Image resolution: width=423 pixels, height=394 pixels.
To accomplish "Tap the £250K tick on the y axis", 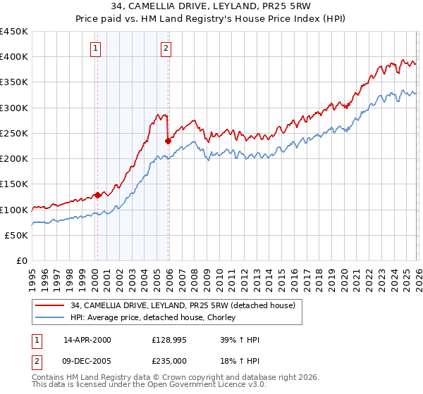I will click(14, 133).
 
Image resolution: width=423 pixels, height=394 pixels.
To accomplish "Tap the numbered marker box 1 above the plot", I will click(95, 49).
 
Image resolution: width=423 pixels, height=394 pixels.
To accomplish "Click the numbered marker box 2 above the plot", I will click(166, 49).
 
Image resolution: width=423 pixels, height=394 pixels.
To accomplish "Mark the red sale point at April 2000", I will click(97, 195).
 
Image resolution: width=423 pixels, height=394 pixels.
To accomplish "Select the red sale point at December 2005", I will click(168, 141).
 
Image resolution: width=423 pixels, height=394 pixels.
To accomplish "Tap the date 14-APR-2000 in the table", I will click(87, 340).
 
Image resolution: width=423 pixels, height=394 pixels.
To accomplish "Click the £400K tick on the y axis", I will click(14, 57).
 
